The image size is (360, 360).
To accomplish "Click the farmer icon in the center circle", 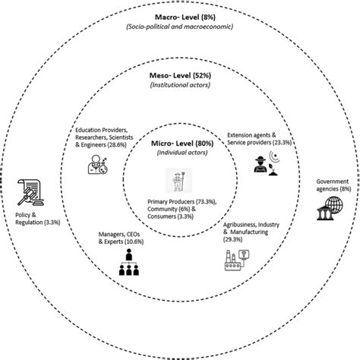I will pyautogui.click(x=180, y=184).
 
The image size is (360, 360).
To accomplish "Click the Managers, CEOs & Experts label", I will pyautogui.click(x=115, y=238).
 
